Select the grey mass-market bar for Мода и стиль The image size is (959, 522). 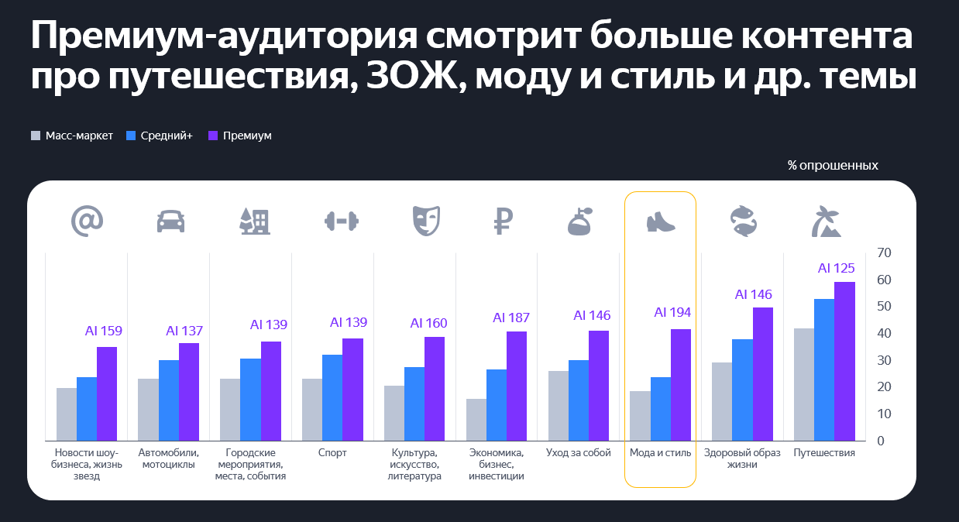click(640, 416)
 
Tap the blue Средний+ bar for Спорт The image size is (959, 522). click(332, 397)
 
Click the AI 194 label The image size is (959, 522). click(672, 312)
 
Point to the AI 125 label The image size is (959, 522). click(837, 268)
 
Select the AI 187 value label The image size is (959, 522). click(511, 318)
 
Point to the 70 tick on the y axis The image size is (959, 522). click(885, 252)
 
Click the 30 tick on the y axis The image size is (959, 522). click(885, 360)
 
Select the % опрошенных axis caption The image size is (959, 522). click(833, 165)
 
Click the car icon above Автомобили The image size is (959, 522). click(170, 222)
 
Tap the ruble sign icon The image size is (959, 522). click(504, 222)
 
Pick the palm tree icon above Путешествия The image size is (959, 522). click(827, 222)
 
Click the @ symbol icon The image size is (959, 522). click(87, 222)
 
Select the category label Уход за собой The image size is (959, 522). click(579, 452)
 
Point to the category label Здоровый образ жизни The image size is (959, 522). click(742, 458)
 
